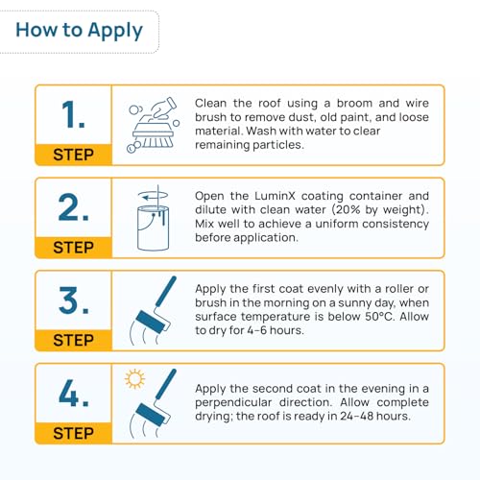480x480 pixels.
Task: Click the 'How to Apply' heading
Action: [x=79, y=31]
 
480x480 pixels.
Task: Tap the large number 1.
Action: [x=73, y=114]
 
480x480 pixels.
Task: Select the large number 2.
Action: [x=73, y=207]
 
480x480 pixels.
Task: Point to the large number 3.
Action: [x=73, y=300]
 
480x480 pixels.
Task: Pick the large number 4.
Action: [x=74, y=393]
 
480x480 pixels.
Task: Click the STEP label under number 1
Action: [x=73, y=155]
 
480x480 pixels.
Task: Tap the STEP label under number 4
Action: [x=73, y=433]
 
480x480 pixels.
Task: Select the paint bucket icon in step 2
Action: [x=153, y=228]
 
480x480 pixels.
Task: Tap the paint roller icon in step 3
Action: [x=153, y=310]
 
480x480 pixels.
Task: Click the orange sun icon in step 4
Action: [x=134, y=379]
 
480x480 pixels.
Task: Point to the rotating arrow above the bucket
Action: [x=153, y=195]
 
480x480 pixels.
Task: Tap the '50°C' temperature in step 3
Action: [x=378, y=317]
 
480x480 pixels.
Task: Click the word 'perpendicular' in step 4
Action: [x=233, y=402]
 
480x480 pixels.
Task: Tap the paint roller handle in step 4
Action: [x=166, y=384]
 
